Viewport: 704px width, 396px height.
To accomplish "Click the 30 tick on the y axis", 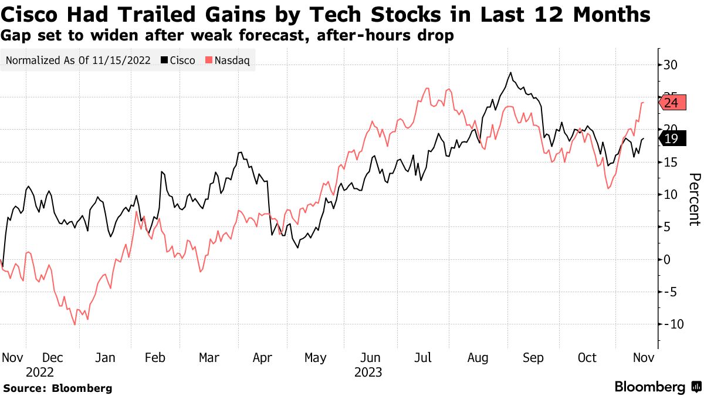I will point(670,65).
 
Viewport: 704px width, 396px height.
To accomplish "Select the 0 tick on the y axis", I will point(666,259).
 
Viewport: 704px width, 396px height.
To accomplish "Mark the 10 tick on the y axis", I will point(670,195).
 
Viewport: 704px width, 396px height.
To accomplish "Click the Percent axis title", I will point(694,199).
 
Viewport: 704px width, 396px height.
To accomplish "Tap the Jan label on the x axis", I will point(105,358).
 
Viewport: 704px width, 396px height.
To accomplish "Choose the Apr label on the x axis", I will point(262,358).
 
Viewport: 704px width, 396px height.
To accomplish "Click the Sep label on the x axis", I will point(533,358).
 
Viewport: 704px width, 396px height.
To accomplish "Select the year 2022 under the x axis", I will point(39,373).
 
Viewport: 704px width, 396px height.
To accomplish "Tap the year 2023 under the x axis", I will point(368,373).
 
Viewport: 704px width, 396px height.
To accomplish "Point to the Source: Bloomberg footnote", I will point(57,388).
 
